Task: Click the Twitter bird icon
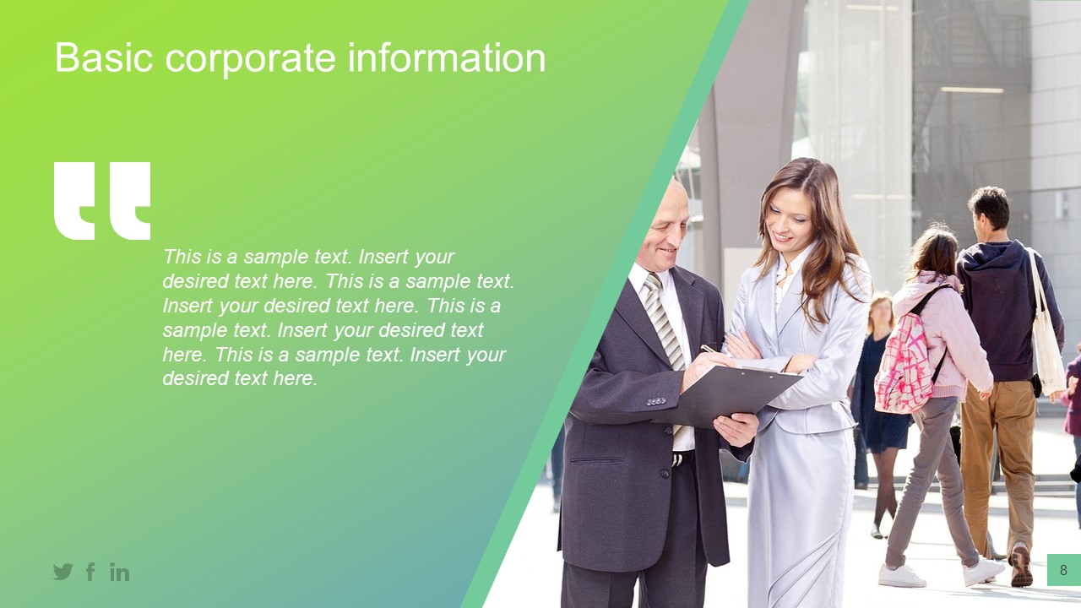point(63,572)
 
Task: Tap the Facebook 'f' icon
point(90,572)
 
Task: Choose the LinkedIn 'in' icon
point(119,573)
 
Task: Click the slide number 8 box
point(1063,570)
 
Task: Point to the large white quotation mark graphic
point(102,200)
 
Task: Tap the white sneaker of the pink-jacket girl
point(901,576)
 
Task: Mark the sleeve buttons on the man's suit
point(656,401)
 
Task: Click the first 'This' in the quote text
point(182,257)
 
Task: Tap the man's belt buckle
point(676,459)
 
